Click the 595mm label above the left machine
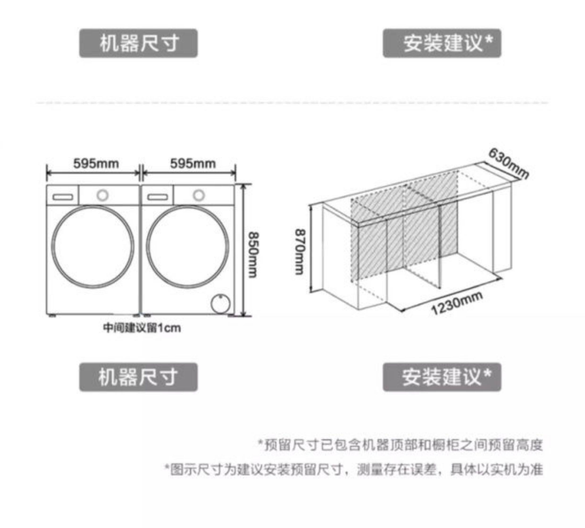coord(96,164)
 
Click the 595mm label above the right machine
coord(193,164)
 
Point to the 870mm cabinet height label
coord(300,252)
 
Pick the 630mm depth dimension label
coord(508,164)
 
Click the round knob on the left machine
coord(102,195)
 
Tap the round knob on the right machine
coord(199,195)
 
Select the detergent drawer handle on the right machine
coord(158,197)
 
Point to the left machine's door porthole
coord(93,247)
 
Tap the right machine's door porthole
coord(188,247)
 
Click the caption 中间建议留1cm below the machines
coord(142,328)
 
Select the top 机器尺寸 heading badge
coord(138,43)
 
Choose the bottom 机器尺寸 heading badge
coord(138,377)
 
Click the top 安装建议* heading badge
coord(442,43)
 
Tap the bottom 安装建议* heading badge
coord(442,377)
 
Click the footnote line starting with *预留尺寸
coord(401,445)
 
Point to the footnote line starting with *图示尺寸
coord(353,470)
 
